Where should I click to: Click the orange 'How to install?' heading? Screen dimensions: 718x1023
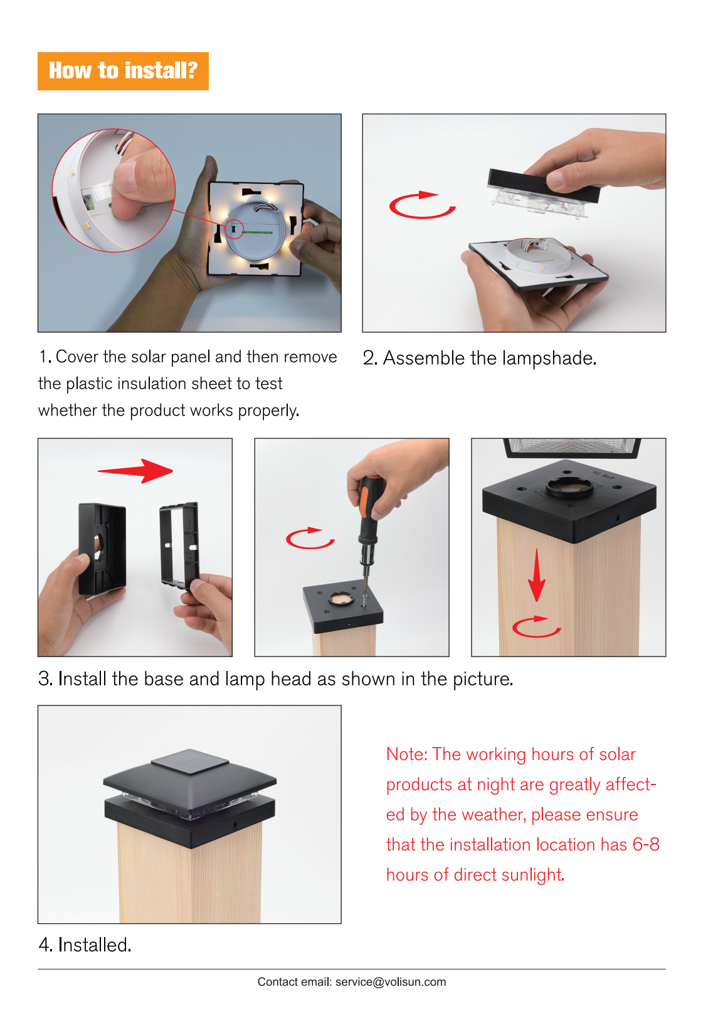[x=123, y=71]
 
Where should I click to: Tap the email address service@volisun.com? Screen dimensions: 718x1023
[x=390, y=982]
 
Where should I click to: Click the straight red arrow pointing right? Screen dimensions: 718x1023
[x=135, y=471]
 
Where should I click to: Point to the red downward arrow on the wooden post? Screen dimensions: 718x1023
[x=536, y=576]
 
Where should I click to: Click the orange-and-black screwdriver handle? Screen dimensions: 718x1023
[x=369, y=507]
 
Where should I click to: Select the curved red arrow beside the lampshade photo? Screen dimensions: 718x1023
[x=422, y=205]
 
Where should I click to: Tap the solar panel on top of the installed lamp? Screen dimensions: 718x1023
[x=190, y=762]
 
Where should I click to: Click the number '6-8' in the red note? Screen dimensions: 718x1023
[x=646, y=844]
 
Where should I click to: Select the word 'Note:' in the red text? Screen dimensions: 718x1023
[x=407, y=754]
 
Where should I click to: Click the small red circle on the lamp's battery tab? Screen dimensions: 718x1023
[x=234, y=229]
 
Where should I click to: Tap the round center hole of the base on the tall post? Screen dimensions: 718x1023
[x=569, y=487]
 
